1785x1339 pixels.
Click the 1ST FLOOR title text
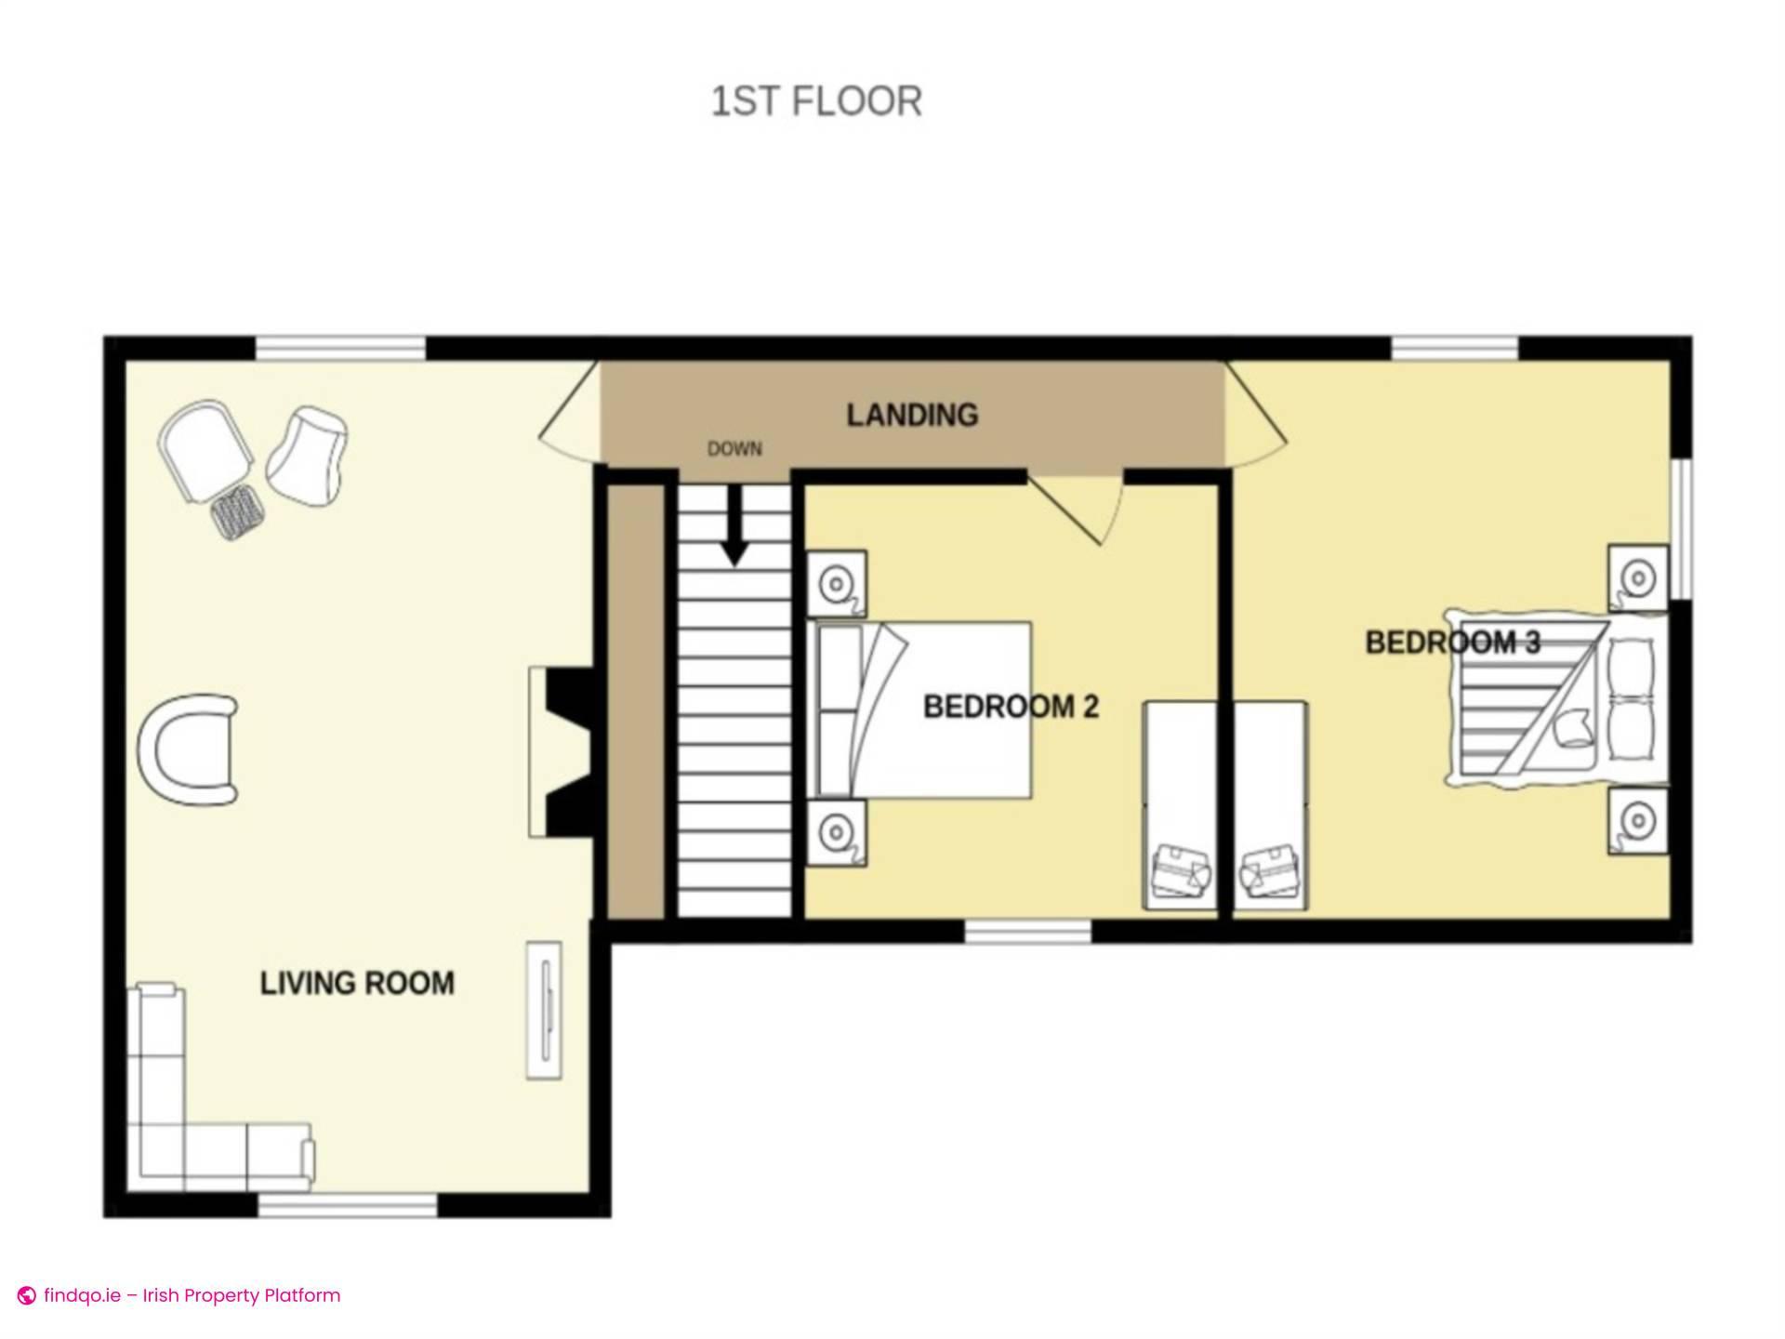[x=816, y=101]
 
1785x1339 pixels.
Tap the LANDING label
[x=911, y=415]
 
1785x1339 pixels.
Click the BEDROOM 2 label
[x=1011, y=707]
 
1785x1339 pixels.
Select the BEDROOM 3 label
[x=1451, y=643]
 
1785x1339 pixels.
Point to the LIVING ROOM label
[x=357, y=983]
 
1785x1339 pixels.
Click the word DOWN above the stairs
[x=734, y=449]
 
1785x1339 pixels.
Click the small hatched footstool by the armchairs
[x=236, y=511]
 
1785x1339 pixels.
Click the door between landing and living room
[x=569, y=417]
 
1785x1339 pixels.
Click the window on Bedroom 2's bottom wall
[x=1027, y=932]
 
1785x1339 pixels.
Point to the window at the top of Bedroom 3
[x=1454, y=349]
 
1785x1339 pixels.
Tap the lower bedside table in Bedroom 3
[x=1638, y=821]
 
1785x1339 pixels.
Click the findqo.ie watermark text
[x=181, y=1295]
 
